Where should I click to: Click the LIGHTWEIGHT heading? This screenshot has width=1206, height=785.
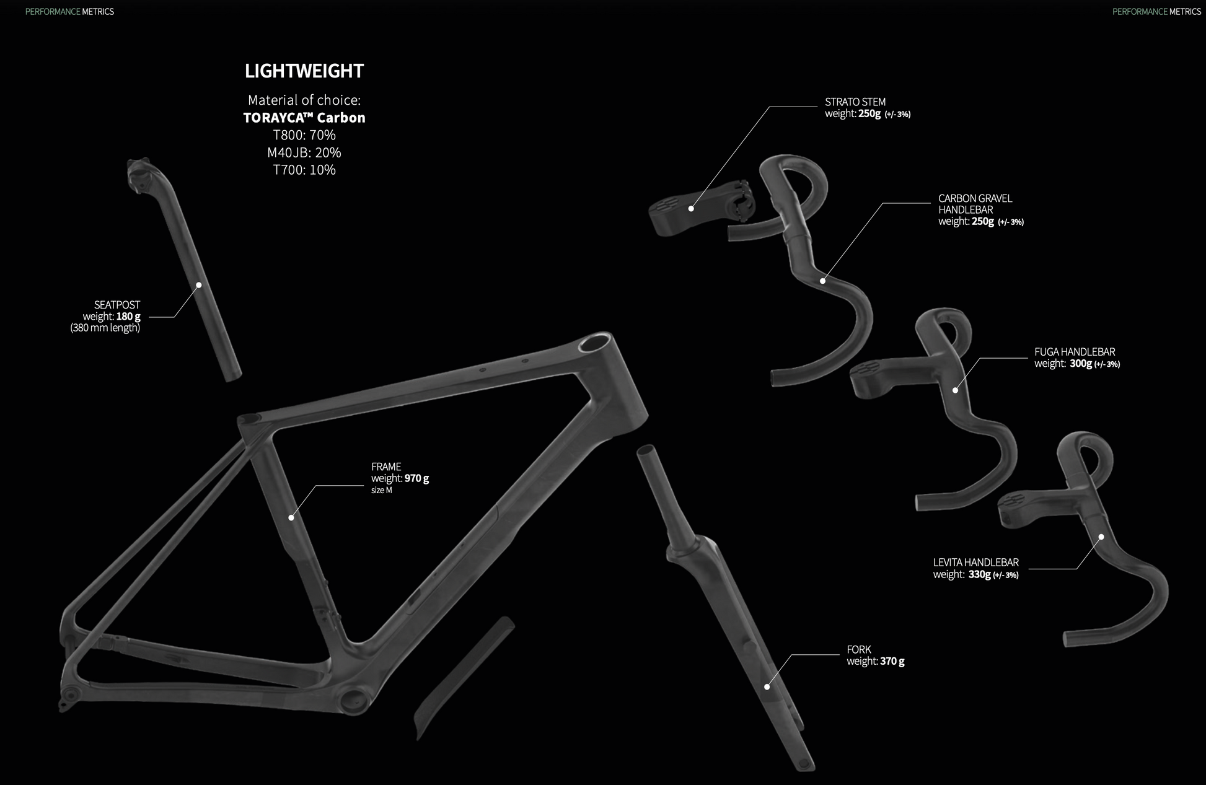(304, 71)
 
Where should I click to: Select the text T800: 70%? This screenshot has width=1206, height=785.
(304, 135)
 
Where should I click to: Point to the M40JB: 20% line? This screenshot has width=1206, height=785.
(304, 152)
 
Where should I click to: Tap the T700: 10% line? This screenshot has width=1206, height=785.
(304, 170)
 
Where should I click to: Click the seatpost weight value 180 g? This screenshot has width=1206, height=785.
(128, 317)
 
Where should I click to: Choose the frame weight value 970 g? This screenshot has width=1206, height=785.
(416, 478)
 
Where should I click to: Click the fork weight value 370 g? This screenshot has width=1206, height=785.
(892, 661)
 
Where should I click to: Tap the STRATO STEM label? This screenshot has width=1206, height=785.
(855, 102)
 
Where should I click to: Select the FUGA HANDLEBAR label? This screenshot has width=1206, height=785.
(1074, 352)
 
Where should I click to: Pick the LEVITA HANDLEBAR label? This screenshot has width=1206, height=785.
(975, 563)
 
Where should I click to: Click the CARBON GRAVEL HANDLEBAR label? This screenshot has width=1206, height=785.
(975, 204)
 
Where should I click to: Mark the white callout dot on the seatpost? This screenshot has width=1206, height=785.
(199, 285)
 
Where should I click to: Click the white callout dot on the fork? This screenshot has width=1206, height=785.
(767, 686)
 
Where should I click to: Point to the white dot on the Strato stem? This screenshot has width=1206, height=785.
(691, 209)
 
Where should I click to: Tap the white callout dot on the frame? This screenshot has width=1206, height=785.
(291, 517)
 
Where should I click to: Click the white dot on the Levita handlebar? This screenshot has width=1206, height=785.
(1101, 537)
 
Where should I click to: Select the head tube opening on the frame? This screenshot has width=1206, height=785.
(594, 343)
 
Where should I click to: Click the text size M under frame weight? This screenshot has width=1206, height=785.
(381, 491)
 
